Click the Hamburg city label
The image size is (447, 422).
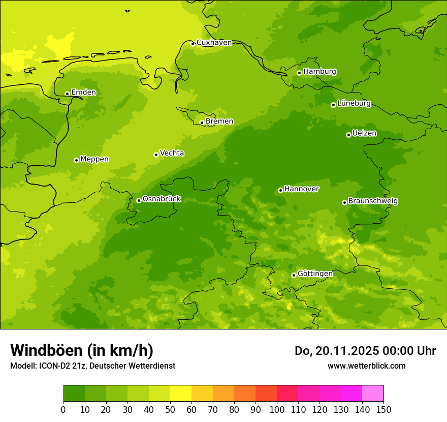tap(320, 72)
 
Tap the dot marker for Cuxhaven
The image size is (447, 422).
tap(193, 44)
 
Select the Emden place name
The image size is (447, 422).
tap(83, 93)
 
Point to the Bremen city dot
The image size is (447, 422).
tap(202, 123)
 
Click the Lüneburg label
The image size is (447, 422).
tap(354, 104)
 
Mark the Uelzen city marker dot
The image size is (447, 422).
tap(348, 135)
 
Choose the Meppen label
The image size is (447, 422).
tap(94, 160)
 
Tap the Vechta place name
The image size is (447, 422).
tap(172, 154)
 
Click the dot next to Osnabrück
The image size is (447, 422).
tap(139, 200)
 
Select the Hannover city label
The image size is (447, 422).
tap(301, 189)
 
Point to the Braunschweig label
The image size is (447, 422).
tap(372, 201)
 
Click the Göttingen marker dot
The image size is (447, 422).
tap(294, 275)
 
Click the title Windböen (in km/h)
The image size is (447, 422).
tap(82, 350)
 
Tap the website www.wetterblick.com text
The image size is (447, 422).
tap(366, 366)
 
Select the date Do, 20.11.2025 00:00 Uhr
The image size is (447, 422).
tap(365, 351)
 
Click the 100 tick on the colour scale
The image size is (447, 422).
tap(277, 409)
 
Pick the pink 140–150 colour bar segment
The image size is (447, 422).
tap(373, 393)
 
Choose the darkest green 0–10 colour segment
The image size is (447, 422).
tap(74, 393)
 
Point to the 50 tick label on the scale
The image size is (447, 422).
tap(170, 409)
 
